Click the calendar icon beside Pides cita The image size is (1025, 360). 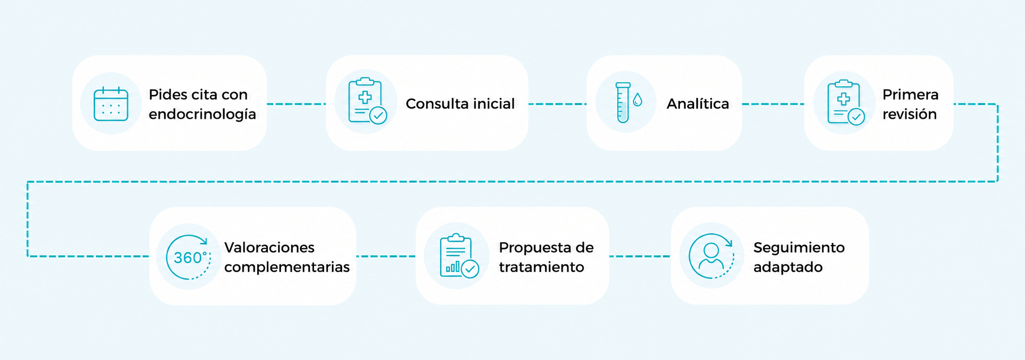(x=111, y=104)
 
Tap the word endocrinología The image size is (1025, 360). (x=202, y=114)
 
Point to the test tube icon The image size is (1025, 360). (x=623, y=102)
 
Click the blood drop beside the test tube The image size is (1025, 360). (x=637, y=100)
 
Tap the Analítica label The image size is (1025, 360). (x=697, y=104)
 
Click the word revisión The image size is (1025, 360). (x=909, y=114)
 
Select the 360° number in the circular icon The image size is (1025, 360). (x=190, y=257)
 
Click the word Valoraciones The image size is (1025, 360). (x=269, y=248)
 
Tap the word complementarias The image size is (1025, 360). (x=287, y=267)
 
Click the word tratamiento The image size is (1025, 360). (x=541, y=267)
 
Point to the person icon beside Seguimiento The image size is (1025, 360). (x=711, y=256)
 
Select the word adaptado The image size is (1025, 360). (x=788, y=267)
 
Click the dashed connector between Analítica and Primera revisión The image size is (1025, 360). (x=773, y=104)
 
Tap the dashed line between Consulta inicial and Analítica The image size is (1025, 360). (x=557, y=104)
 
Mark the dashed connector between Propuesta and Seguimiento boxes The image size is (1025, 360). (x=640, y=256)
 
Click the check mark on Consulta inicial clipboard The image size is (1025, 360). (x=378, y=116)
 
